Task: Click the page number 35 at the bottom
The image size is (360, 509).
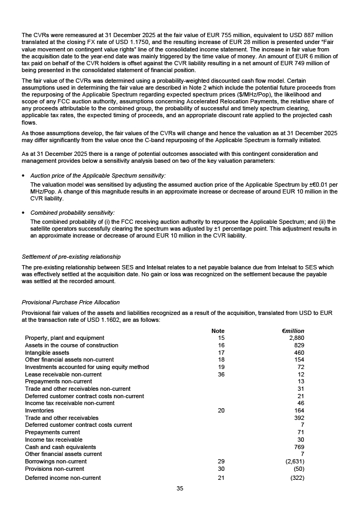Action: [x=180, y=489]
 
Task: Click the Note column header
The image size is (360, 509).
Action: [x=218, y=331]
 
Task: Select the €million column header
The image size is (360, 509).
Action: [x=293, y=331]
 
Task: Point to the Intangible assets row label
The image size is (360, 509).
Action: [x=47, y=353]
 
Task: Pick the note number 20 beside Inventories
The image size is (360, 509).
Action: [x=222, y=410]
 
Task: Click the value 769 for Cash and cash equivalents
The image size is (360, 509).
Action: [x=299, y=447]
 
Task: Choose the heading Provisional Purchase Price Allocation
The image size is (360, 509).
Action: [x=71, y=302]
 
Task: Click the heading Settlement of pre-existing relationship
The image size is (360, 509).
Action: [x=71, y=257]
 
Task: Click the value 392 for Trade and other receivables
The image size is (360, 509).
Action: [x=299, y=418]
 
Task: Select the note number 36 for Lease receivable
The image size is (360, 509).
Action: [x=222, y=374]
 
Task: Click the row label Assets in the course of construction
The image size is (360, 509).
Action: [x=72, y=345]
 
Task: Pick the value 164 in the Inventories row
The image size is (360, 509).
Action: [x=299, y=410]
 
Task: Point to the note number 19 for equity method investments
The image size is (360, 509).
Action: [x=222, y=367]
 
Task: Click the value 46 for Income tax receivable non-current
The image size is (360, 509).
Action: [x=301, y=403]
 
